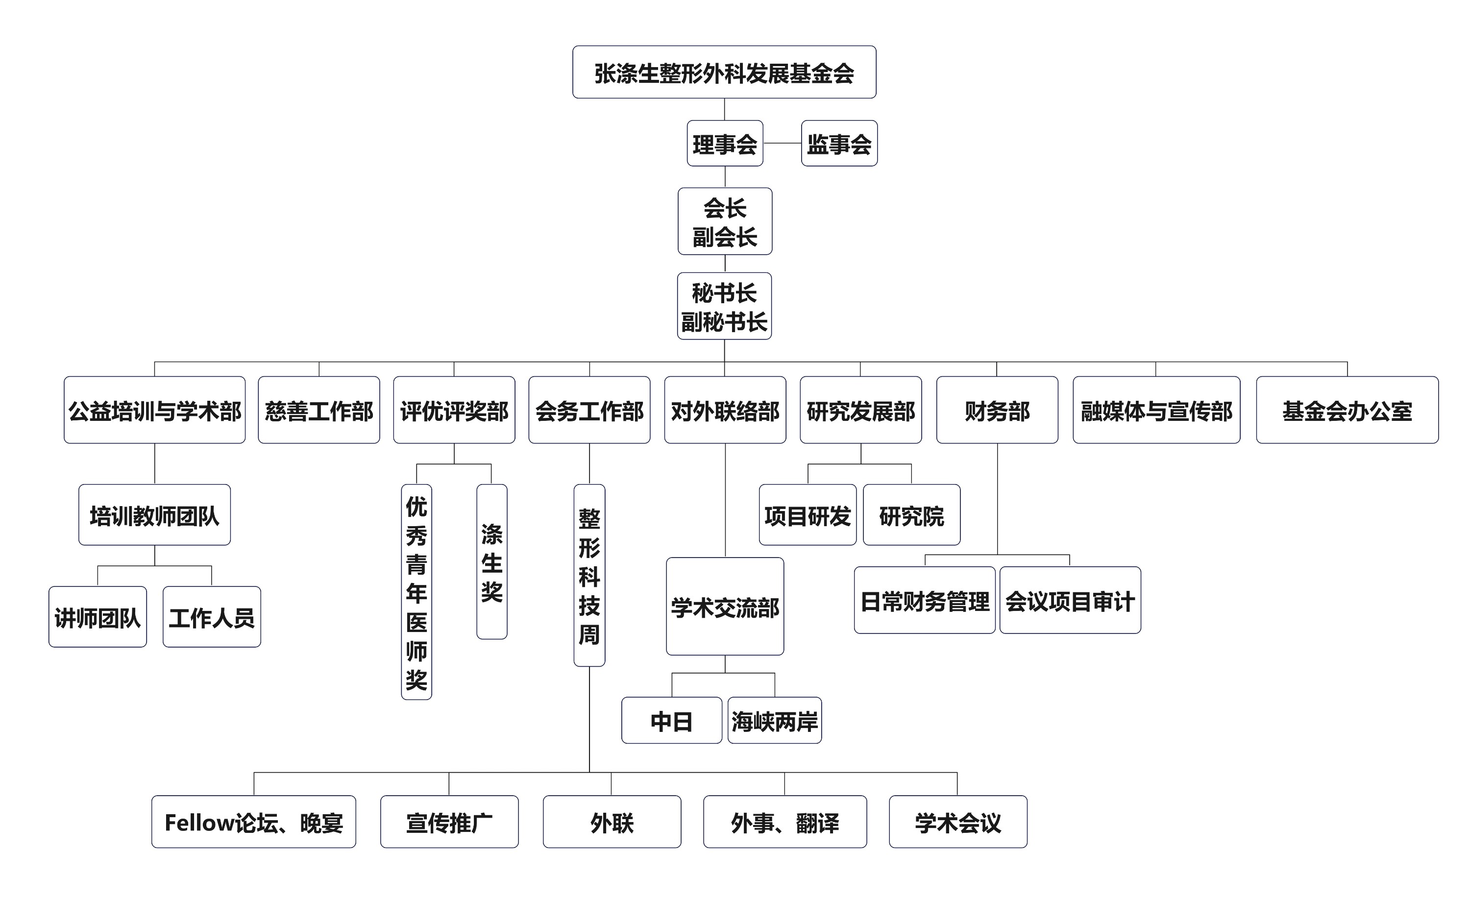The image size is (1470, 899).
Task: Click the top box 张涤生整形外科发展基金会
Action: (724, 72)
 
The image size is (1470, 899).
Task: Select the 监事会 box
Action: (839, 143)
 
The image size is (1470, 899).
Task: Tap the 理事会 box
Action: (725, 143)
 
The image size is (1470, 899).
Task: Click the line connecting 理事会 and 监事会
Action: (782, 143)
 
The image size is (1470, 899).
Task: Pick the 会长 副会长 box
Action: (725, 221)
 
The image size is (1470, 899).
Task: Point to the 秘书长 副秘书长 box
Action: (724, 306)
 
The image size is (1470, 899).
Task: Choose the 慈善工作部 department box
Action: (319, 410)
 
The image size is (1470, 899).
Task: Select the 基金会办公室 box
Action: (1347, 410)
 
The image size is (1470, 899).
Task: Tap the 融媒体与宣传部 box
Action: (1156, 410)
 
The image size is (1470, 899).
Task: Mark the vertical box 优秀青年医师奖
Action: (416, 592)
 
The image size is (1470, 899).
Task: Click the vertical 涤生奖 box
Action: (491, 562)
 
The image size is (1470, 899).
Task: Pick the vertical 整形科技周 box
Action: (589, 576)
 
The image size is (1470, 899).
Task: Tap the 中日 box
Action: (672, 721)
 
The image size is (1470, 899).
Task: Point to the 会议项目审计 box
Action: (1070, 600)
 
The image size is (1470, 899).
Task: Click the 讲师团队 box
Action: (98, 617)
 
